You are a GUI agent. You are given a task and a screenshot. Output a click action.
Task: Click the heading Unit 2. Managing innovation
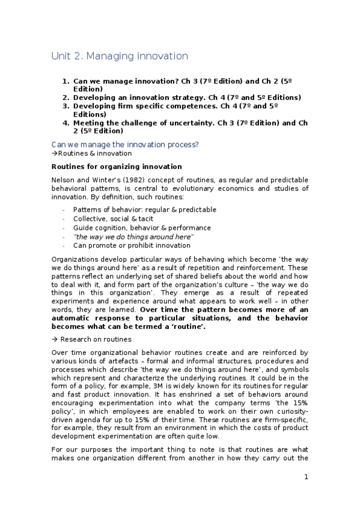pyautogui.click(x=120, y=57)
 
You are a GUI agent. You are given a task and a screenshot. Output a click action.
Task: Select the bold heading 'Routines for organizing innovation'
pyautogui.click(x=117, y=166)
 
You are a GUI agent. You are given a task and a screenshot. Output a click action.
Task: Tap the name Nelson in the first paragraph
pyautogui.click(x=64, y=180)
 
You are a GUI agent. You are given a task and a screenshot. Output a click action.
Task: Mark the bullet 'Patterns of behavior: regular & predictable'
pyautogui.click(x=145, y=209)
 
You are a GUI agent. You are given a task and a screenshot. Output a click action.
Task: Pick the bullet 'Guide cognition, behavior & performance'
pyautogui.click(x=142, y=228)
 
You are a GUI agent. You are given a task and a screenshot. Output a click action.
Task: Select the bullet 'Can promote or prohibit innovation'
pyautogui.click(x=132, y=245)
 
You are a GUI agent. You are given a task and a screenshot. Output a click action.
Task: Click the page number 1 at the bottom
pyautogui.click(x=306, y=477)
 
